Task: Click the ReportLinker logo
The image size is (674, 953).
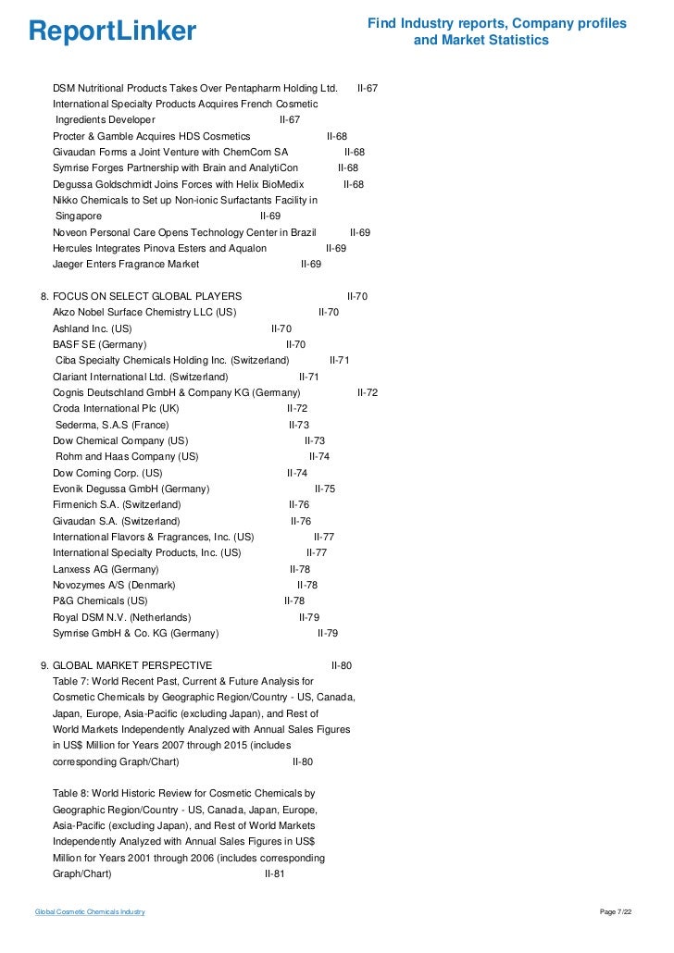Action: (112, 31)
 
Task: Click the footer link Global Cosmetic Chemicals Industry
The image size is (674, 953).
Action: (90, 912)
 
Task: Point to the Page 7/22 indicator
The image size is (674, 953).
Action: (617, 912)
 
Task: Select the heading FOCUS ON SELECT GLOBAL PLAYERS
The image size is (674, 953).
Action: (147, 296)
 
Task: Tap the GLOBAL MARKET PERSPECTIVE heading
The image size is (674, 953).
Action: (132, 665)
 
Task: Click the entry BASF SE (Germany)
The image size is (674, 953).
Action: (99, 344)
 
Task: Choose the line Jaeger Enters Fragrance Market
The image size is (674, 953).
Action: (126, 264)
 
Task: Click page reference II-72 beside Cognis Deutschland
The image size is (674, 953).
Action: (368, 392)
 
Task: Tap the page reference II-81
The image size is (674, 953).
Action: (275, 873)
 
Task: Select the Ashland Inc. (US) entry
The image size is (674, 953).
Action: (93, 328)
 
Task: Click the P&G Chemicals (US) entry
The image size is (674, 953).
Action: (100, 600)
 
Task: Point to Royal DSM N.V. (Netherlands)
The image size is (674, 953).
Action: (122, 617)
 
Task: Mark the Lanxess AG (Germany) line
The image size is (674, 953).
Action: (106, 569)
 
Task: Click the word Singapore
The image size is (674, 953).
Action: (80, 216)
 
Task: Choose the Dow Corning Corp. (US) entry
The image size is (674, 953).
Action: (107, 473)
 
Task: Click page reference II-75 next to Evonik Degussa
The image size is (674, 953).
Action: (325, 489)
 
